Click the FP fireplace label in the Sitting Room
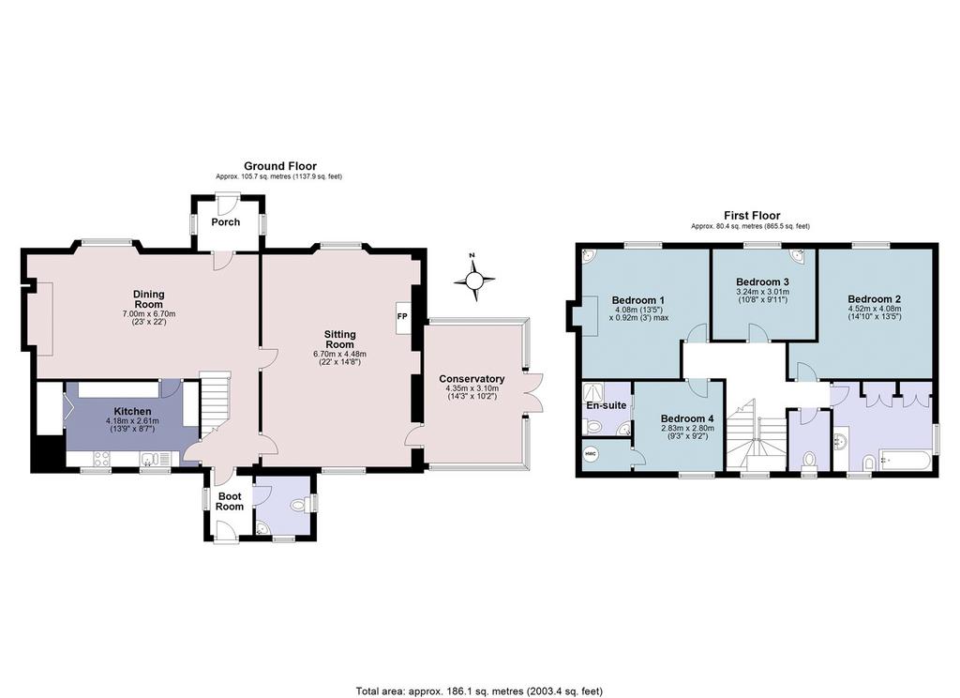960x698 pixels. click(x=402, y=317)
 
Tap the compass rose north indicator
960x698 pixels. click(x=473, y=281)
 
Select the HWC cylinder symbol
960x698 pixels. click(x=591, y=454)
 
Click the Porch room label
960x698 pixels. click(x=225, y=221)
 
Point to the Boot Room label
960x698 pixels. click(x=230, y=501)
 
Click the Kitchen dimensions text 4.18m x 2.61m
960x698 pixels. click(x=132, y=421)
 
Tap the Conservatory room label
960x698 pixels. click(x=472, y=379)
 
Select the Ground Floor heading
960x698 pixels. click(x=280, y=165)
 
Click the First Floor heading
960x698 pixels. click(x=752, y=215)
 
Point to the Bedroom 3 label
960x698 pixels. click(x=762, y=281)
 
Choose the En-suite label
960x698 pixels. click(x=607, y=405)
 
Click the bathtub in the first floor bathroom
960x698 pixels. click(x=905, y=461)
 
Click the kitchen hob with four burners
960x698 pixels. click(x=101, y=459)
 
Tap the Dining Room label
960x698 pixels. click(x=149, y=299)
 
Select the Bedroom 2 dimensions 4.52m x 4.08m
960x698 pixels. click(x=875, y=309)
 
